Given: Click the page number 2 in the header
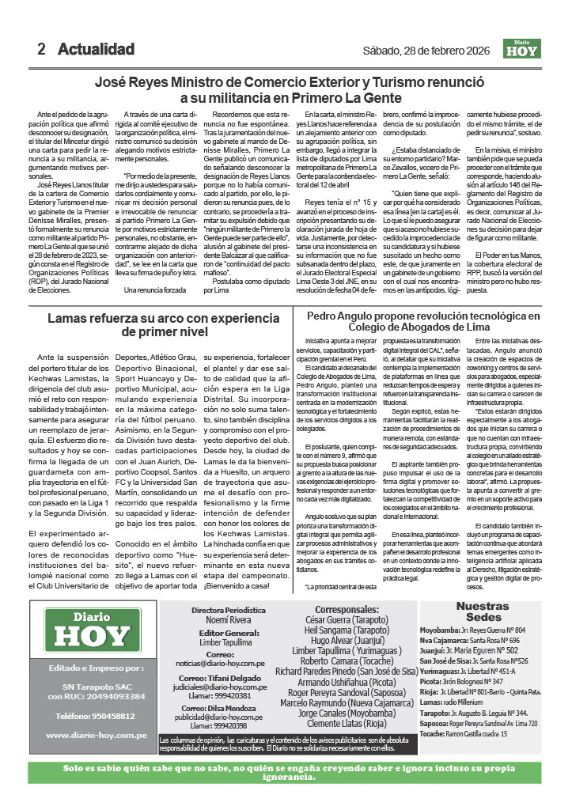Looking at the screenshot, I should click(41, 49).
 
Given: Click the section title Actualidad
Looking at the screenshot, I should click(96, 49).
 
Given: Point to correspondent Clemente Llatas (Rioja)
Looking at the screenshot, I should click(349, 722).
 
